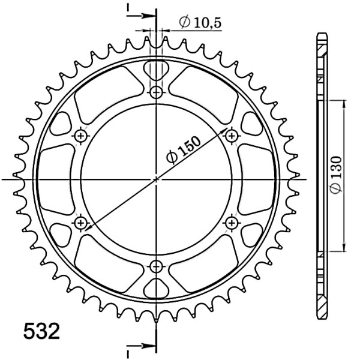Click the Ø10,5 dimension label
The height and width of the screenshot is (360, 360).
click(200, 22)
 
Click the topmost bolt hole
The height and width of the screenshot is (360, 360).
click(157, 92)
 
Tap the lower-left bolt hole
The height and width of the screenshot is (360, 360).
click(81, 223)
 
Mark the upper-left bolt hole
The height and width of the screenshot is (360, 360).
click(81, 136)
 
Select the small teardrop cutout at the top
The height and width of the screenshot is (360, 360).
click(157, 70)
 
